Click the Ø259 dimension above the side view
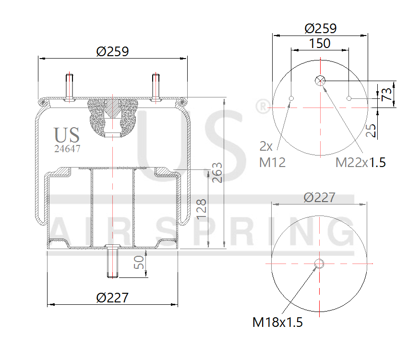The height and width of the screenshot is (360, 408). pyautogui.click(x=112, y=51)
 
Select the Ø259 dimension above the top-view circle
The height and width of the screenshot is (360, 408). pyautogui.click(x=320, y=28)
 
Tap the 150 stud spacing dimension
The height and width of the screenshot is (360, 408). pyautogui.click(x=320, y=43)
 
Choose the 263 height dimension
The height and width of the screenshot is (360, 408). pyautogui.click(x=216, y=173)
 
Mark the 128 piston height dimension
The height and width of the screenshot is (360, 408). pyautogui.click(x=202, y=209)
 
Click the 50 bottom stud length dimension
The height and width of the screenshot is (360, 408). pyautogui.click(x=139, y=263)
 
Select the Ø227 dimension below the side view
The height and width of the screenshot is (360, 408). pyautogui.click(x=112, y=298)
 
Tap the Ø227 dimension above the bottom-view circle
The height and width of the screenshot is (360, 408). pyautogui.click(x=320, y=197)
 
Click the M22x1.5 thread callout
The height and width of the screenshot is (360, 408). pyautogui.click(x=360, y=162)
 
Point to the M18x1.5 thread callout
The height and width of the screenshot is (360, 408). pyautogui.click(x=277, y=322)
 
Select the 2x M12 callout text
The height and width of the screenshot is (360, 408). pyautogui.click(x=272, y=154)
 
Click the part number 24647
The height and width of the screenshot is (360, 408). pyautogui.click(x=67, y=149)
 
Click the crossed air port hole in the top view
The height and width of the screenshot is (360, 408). pyautogui.click(x=320, y=81)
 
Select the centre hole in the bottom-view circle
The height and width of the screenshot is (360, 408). pyautogui.click(x=319, y=263)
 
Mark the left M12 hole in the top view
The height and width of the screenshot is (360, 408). pyautogui.click(x=291, y=99)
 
